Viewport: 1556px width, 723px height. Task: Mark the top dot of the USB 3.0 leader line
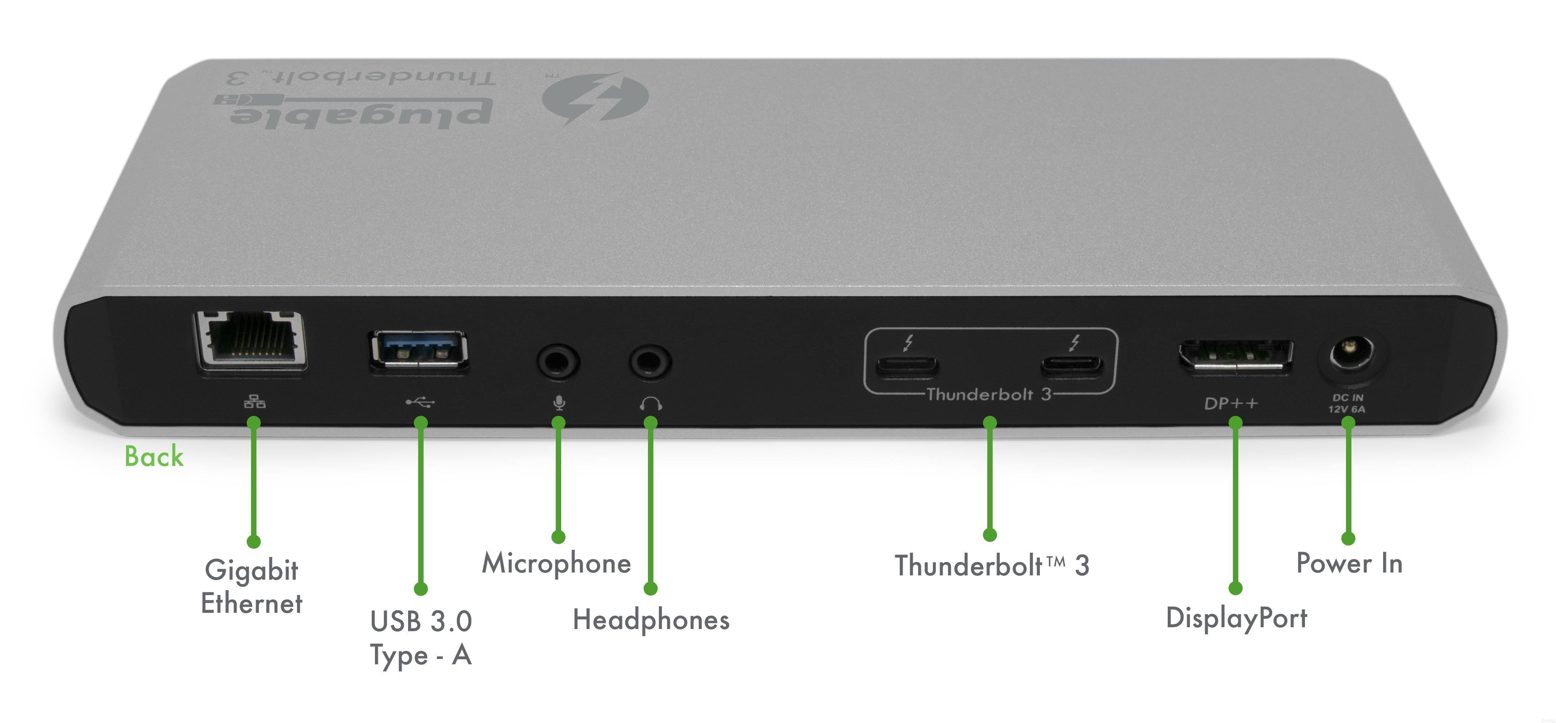click(x=421, y=423)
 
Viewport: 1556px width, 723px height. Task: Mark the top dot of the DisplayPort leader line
click(x=1236, y=423)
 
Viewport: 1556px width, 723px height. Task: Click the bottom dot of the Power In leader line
click(x=1348, y=538)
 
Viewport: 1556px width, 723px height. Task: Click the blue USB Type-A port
click(x=418, y=353)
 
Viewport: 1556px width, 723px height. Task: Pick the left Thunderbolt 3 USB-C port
click(x=907, y=366)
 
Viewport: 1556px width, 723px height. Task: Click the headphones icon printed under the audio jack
click(x=650, y=403)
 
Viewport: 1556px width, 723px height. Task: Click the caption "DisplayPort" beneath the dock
click(x=1237, y=618)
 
